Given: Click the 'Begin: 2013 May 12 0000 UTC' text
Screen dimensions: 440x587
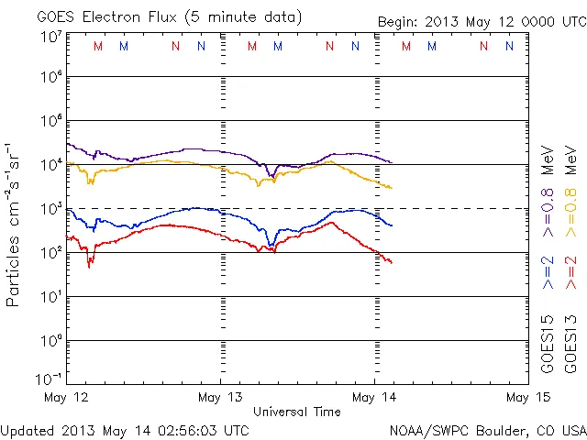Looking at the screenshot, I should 482,22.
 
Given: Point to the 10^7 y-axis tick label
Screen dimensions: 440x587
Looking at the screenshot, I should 50,37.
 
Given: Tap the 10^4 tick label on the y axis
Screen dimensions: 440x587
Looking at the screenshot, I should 50,165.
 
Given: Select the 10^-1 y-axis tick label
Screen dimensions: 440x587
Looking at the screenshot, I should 50,379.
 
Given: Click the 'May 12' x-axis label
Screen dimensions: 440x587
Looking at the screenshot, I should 66,398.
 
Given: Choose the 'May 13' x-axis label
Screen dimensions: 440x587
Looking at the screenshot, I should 221,398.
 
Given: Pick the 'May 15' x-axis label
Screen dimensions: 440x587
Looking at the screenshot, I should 516,398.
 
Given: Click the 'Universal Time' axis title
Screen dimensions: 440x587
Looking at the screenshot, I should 297,412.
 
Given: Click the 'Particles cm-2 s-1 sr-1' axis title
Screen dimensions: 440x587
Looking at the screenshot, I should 15,225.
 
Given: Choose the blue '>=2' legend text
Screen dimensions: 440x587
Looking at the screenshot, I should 547,273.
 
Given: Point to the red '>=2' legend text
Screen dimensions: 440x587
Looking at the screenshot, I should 570,273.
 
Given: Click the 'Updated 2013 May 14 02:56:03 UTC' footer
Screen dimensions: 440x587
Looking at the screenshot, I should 125,429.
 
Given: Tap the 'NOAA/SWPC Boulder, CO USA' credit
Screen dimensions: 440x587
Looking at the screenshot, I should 487,429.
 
